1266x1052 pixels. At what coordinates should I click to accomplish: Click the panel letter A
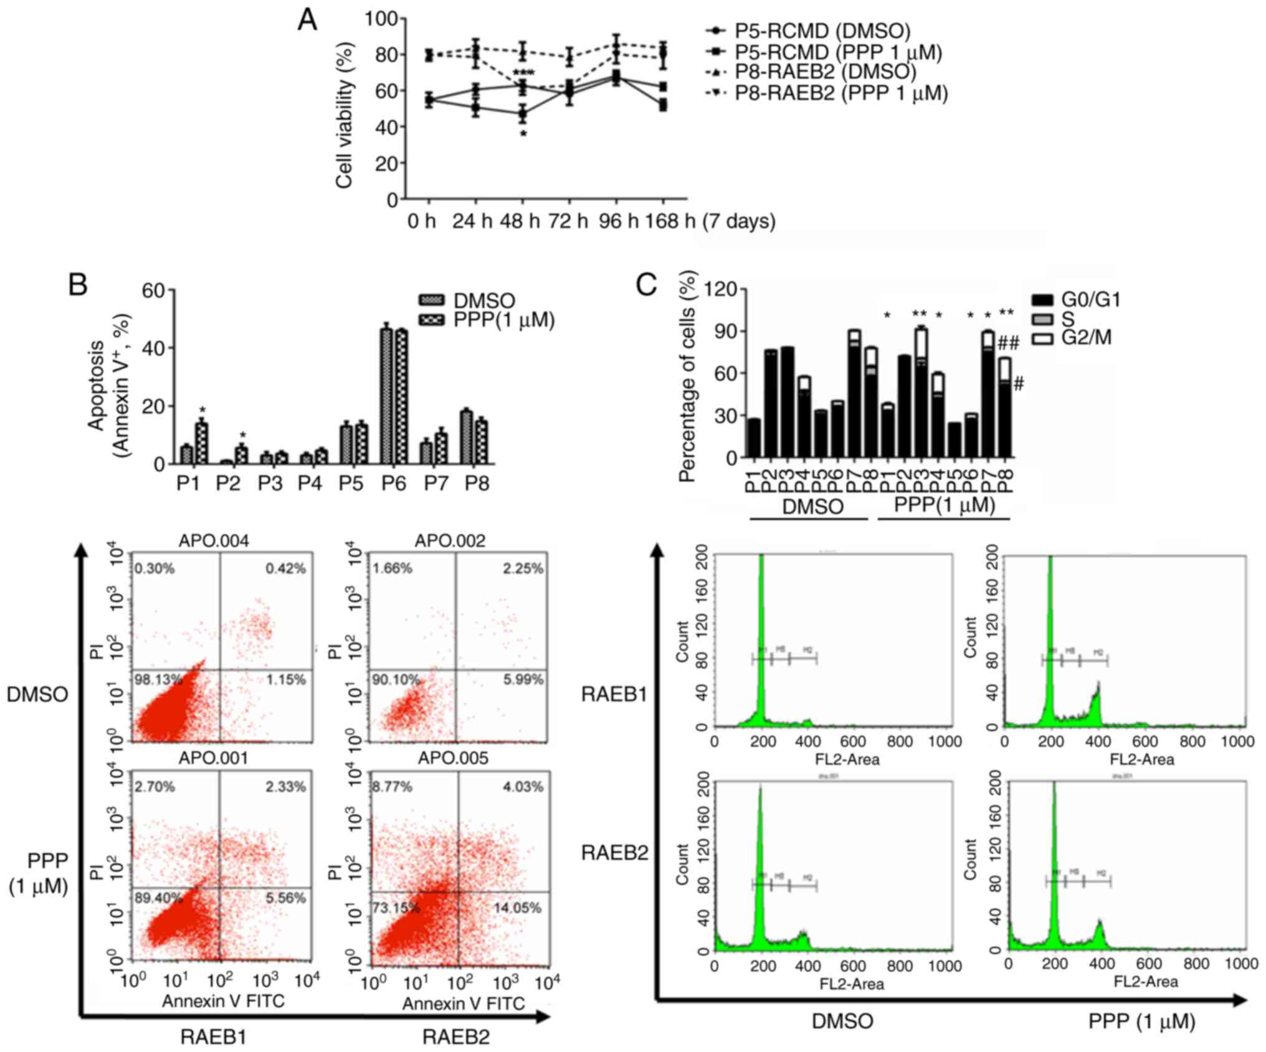click(x=308, y=20)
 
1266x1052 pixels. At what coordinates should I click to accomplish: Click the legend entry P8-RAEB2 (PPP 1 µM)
click(x=841, y=93)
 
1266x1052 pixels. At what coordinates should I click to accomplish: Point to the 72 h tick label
click(x=568, y=221)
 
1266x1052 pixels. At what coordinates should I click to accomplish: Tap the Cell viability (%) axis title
click(x=345, y=114)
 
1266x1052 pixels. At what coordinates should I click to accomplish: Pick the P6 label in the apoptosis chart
click(x=394, y=483)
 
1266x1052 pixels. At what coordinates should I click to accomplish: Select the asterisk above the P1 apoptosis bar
click(x=202, y=411)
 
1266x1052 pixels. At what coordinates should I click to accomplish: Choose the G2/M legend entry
click(x=1086, y=338)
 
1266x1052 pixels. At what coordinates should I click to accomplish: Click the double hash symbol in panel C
click(x=1008, y=343)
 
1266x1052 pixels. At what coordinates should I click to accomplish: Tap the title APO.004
click(x=214, y=541)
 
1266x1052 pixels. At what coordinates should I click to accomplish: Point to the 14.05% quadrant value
click(x=517, y=908)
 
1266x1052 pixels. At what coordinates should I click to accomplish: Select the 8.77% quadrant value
click(x=392, y=787)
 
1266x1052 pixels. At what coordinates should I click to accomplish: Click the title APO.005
click(x=453, y=758)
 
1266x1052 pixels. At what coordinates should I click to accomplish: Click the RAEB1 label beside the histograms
click(x=614, y=694)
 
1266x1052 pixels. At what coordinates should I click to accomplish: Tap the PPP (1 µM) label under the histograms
click(x=1141, y=1022)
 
